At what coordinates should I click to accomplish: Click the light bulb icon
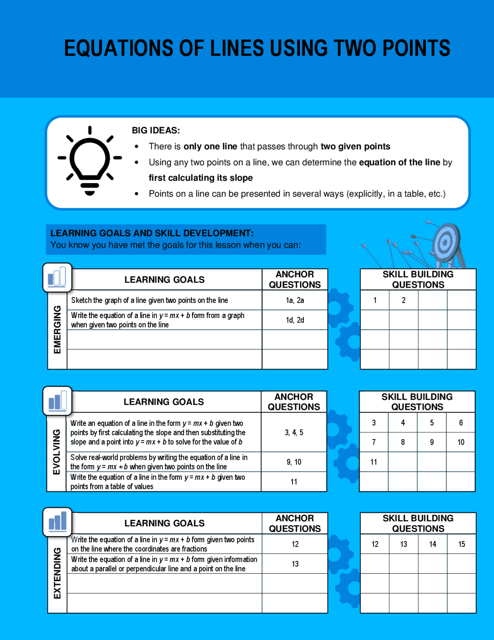coord(90,161)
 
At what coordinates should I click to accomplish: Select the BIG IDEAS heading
coord(156,130)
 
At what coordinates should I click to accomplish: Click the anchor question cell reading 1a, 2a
coord(295,300)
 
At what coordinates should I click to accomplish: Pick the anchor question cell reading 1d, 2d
coord(295,320)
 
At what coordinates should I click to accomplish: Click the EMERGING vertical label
coord(57,329)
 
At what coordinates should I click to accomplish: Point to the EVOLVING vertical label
coord(57,452)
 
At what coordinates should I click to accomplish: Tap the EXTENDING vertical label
coord(57,573)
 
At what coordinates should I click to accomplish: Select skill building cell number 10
coord(461,442)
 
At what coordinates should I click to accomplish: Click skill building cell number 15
coord(462,544)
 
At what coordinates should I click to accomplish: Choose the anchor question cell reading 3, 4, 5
coord(294,432)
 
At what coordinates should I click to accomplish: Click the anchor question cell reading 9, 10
coord(294,462)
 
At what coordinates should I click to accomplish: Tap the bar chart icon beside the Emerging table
coord(57,277)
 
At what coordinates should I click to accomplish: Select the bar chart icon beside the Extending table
coord(58,521)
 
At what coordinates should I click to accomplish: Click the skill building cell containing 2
coord(404,300)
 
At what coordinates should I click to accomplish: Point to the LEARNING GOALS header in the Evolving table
coord(164,402)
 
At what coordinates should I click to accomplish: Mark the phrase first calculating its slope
coord(201,178)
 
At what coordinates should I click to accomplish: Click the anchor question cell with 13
coord(295,564)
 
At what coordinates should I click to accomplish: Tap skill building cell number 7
coord(374,442)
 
